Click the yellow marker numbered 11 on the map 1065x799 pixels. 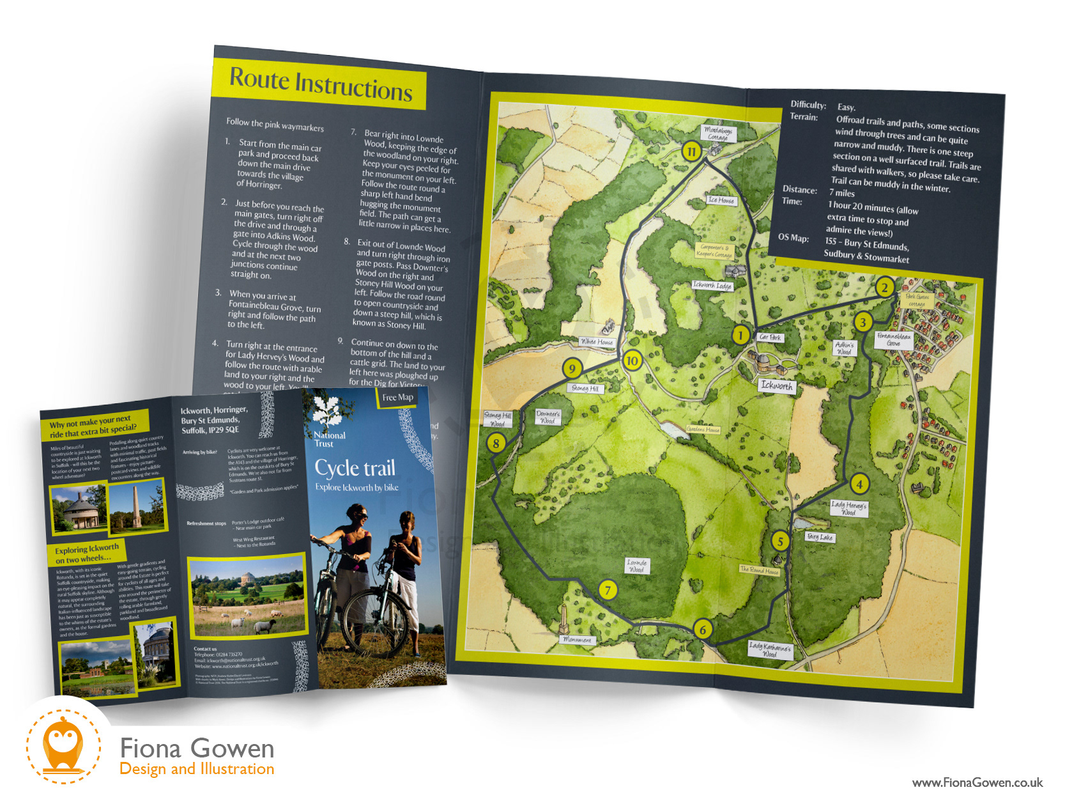click(691, 151)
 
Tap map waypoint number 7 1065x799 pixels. click(608, 589)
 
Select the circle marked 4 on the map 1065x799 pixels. click(859, 484)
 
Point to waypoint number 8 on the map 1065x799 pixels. click(496, 442)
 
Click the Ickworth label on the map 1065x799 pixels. click(776, 385)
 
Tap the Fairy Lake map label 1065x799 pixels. click(820, 537)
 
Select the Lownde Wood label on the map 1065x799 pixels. click(637, 566)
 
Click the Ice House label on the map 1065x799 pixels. click(721, 200)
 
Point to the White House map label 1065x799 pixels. click(597, 342)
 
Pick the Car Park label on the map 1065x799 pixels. click(770, 337)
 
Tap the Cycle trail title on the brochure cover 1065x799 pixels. click(355, 468)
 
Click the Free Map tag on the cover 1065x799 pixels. click(397, 398)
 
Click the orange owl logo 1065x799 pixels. click(63, 745)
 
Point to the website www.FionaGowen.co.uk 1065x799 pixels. click(977, 782)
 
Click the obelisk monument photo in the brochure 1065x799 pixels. click(135, 506)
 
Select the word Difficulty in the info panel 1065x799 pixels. click(808, 105)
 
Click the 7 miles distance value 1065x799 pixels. click(841, 193)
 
